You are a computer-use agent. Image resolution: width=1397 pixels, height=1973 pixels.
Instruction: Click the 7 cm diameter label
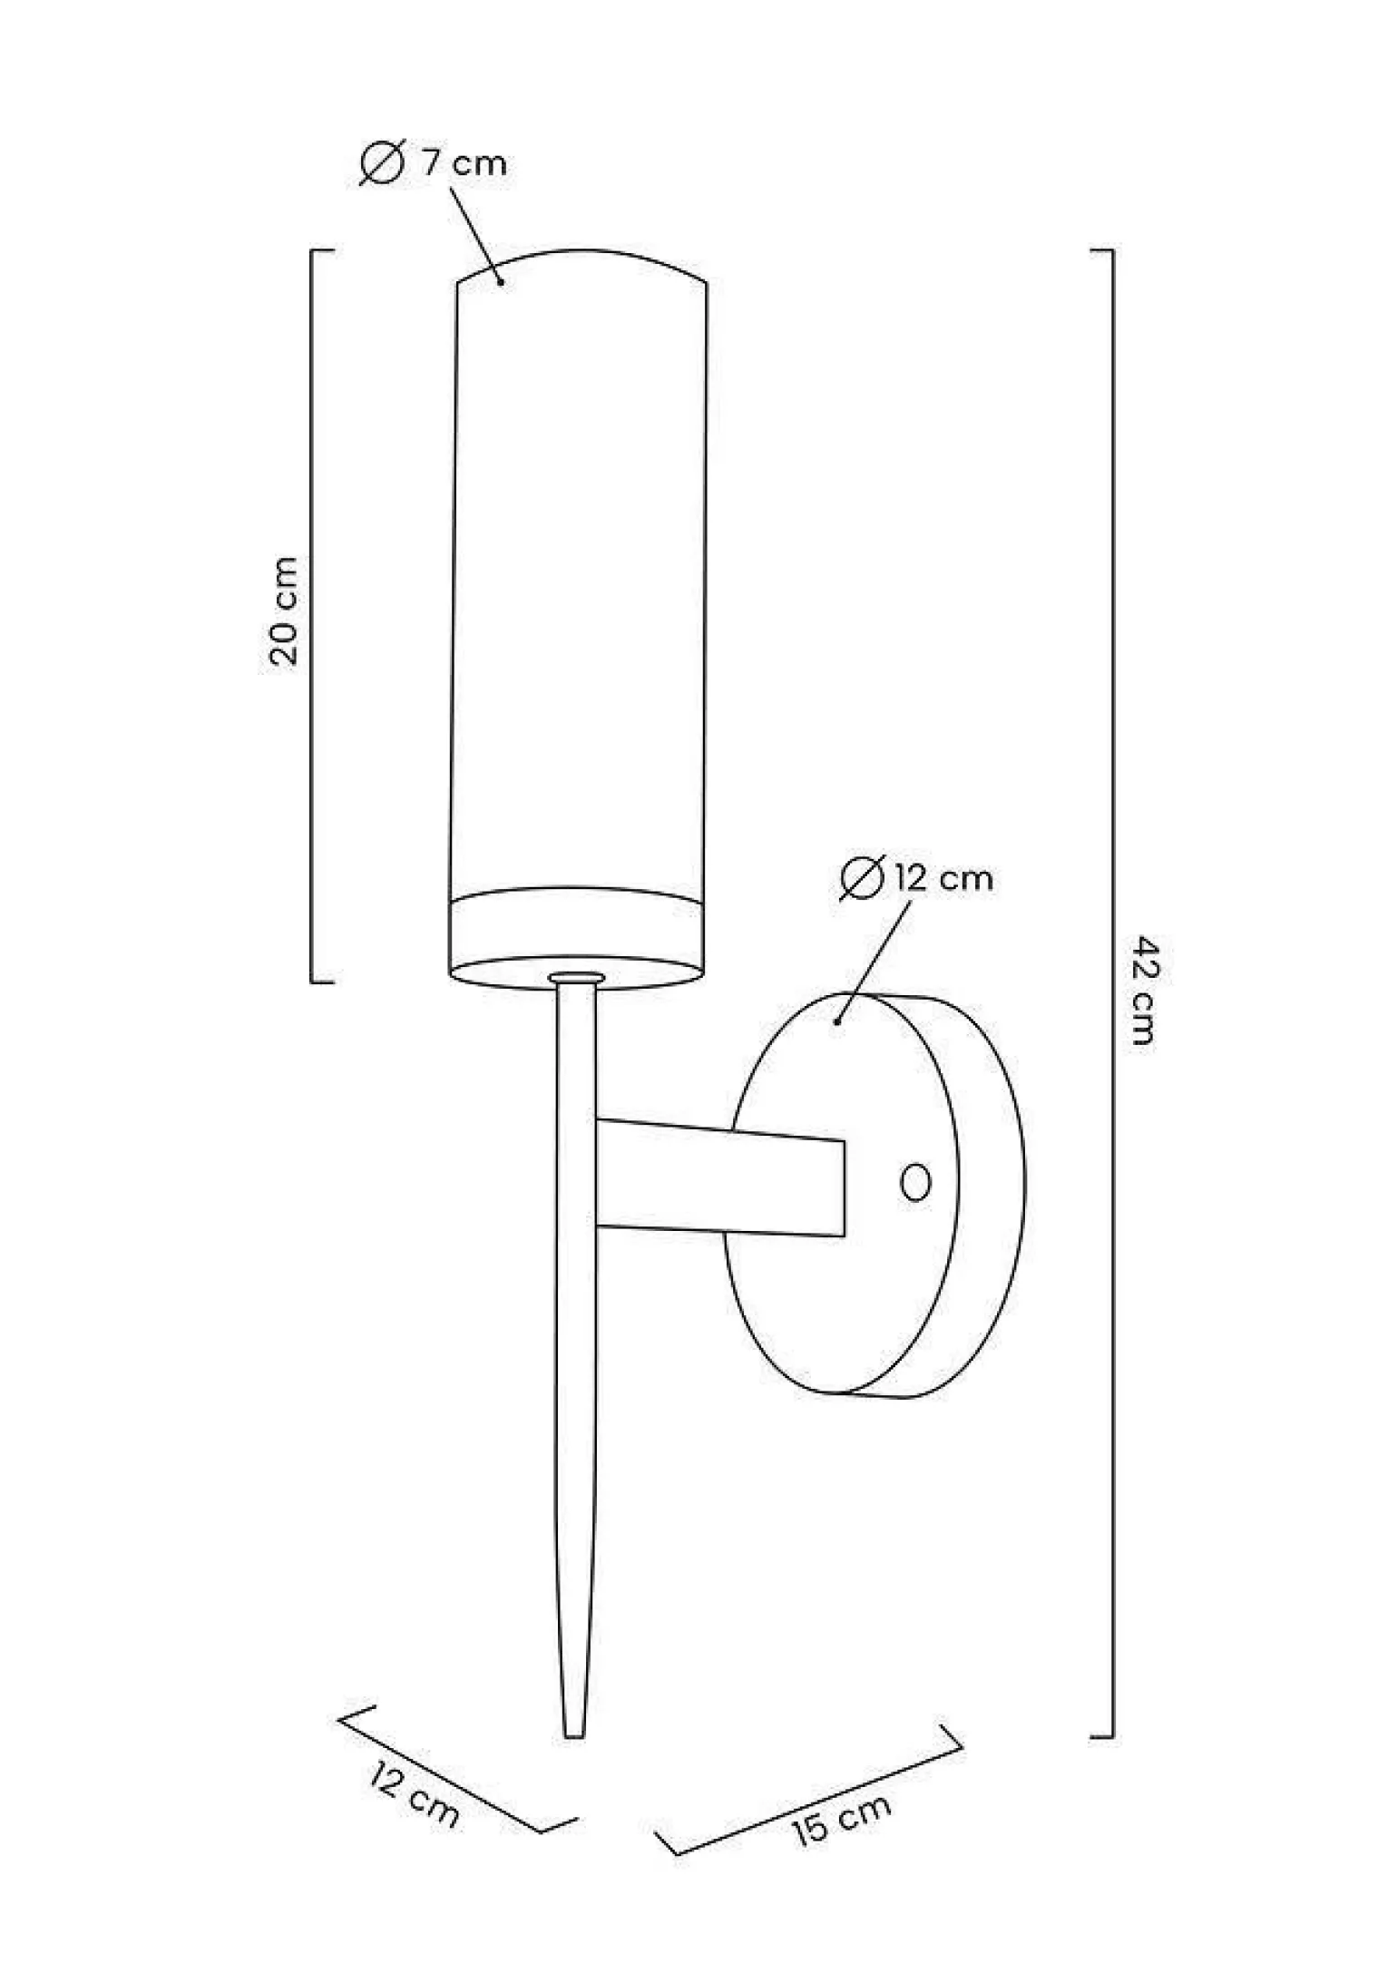[464, 164]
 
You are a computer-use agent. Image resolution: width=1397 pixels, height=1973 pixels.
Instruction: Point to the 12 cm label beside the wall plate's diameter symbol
[943, 878]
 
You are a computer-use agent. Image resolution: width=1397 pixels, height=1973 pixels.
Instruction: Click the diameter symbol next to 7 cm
[381, 164]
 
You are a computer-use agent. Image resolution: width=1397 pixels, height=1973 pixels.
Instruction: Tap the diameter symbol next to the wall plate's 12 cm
[861, 878]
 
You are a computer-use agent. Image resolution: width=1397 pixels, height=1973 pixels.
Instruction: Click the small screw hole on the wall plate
[915, 1183]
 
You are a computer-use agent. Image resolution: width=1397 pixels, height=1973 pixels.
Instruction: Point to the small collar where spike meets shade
[576, 978]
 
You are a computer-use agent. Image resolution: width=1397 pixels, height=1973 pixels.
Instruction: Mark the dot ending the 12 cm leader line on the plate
[837, 1021]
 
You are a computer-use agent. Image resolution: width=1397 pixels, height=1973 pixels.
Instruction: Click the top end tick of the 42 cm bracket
[1101, 249]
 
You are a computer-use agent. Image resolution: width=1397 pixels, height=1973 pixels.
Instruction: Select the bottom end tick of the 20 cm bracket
[321, 982]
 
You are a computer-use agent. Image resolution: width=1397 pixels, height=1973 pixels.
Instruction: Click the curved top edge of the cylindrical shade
[581, 252]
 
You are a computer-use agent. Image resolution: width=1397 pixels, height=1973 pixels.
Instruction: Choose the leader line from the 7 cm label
[474, 236]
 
